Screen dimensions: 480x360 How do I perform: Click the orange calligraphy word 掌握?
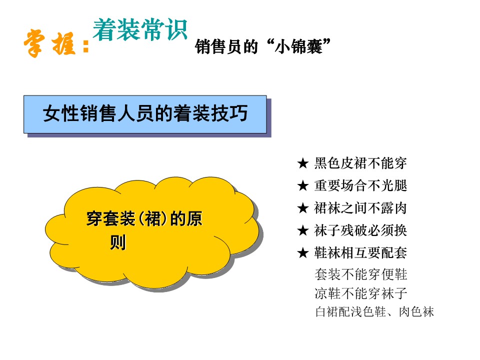49,43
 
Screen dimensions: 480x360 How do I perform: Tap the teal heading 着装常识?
140,29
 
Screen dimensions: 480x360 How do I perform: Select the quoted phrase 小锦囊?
299,47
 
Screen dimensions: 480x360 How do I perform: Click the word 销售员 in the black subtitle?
218,47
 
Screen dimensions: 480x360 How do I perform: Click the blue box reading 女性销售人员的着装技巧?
145,114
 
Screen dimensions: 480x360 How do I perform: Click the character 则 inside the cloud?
118,242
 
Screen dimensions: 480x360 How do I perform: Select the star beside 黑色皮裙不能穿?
303,163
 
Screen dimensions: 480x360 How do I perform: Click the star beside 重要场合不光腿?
303,185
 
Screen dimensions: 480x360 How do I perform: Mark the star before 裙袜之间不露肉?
303,208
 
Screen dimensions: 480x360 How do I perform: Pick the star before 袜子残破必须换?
303,230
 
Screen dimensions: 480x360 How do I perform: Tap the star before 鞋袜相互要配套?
303,253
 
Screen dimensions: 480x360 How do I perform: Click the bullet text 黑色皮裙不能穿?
360,163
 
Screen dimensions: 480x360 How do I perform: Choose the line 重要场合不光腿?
360,185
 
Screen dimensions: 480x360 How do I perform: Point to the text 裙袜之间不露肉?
360,208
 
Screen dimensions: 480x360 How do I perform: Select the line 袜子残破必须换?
360,230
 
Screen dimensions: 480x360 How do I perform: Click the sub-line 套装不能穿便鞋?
361,274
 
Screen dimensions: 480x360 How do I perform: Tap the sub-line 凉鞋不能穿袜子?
361,293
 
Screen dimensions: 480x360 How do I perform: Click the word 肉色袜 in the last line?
416,312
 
